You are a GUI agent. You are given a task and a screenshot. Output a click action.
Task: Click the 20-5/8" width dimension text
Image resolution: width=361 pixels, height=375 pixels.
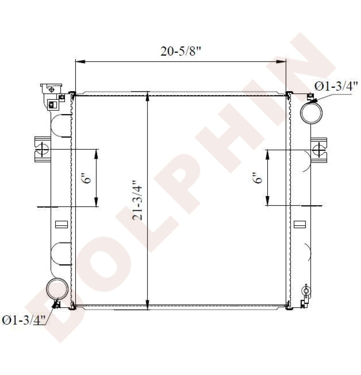point(180,51)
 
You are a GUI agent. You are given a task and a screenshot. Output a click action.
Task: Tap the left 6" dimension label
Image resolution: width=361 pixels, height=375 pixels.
point(88,178)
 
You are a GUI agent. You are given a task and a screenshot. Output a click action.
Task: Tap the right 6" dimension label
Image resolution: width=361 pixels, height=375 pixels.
point(258,178)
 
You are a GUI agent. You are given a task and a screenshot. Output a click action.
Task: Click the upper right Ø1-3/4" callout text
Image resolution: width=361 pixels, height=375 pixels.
point(336,86)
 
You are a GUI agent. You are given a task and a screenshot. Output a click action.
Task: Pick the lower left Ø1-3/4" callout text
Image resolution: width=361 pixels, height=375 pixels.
point(24,320)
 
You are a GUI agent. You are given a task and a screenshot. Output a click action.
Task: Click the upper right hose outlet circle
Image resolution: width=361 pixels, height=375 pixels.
point(311,113)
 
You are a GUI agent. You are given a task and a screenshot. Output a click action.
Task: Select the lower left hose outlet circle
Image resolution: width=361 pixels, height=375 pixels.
point(57,289)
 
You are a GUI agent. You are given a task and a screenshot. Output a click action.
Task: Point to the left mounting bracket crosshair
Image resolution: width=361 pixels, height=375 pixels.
point(43,149)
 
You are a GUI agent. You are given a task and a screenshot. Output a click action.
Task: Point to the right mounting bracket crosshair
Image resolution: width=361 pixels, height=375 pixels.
point(319,150)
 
